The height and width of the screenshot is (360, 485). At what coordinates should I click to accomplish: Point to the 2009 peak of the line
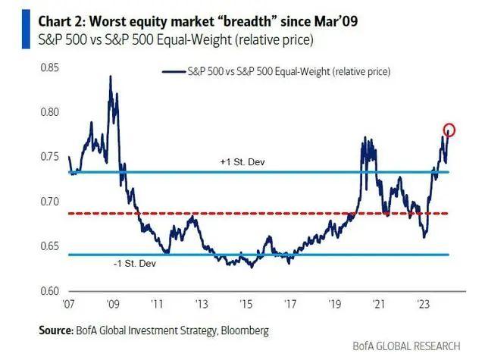[x=111, y=77]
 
